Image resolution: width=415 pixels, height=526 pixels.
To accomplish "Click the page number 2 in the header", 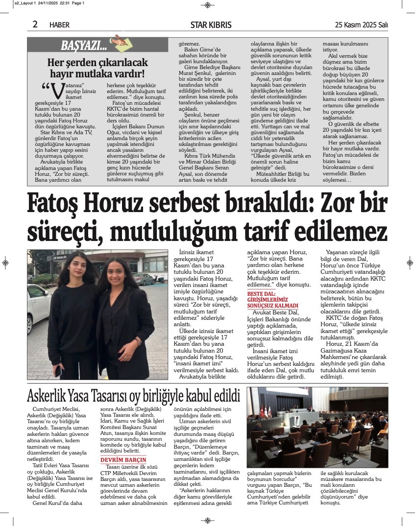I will [35, 24].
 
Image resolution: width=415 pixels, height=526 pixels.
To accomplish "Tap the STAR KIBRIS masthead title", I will [211, 25].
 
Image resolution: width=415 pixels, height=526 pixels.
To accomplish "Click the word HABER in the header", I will [59, 25].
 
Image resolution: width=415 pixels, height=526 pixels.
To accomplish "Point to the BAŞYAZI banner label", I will [83, 46].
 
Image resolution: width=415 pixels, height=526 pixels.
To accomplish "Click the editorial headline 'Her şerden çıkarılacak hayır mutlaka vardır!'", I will [97, 69].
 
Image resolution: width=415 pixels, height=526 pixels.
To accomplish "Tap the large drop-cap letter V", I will [57, 92].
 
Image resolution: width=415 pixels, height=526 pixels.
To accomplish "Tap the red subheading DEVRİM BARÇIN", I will [123, 460].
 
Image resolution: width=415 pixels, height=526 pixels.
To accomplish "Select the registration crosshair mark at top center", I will [207, 5].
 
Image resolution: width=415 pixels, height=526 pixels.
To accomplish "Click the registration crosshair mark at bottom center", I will [207, 521].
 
